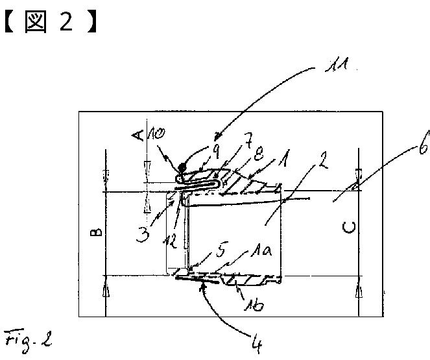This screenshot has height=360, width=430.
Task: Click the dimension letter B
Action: (95, 232)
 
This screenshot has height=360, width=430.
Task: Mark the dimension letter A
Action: (137, 134)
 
